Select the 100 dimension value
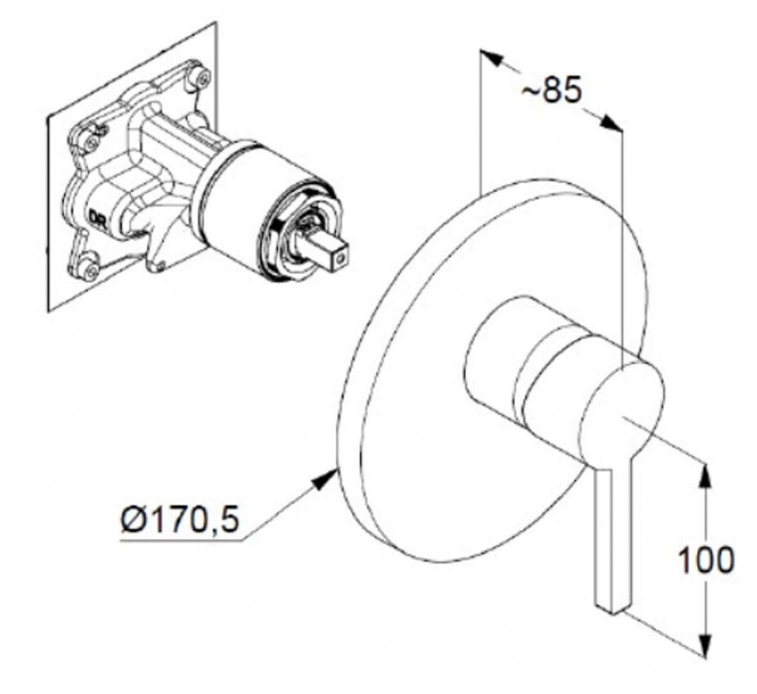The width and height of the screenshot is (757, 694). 706,559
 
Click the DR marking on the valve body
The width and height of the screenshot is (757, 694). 97,217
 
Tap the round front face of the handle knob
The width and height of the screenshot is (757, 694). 622,416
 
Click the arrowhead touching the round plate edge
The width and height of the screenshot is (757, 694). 325,480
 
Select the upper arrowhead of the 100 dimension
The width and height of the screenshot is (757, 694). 706,477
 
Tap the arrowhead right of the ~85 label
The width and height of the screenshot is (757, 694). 608,122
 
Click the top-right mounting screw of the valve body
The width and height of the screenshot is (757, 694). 202,76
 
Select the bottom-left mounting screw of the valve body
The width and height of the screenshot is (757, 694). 89,271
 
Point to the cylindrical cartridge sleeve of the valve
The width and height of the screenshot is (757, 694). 242,193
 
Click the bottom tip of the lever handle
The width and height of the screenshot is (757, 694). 614,612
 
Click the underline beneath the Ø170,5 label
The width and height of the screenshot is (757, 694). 182,540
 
